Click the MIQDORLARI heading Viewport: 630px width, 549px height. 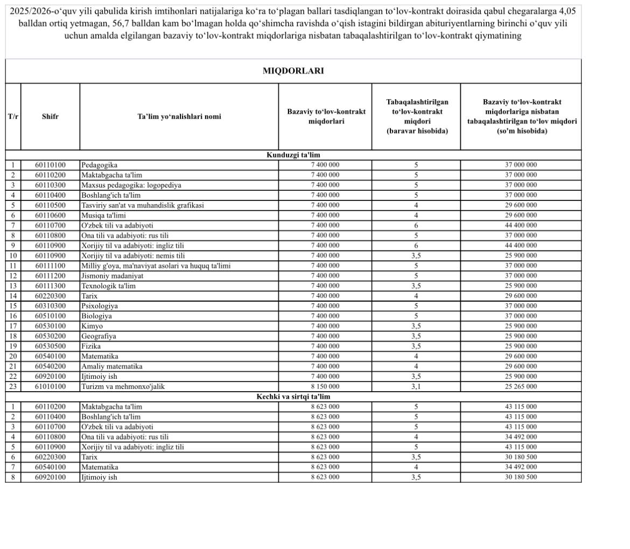(x=293, y=71)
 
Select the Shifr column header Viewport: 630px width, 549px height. (x=50, y=116)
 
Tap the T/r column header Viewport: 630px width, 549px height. (x=13, y=116)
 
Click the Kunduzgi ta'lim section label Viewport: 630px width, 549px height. (x=293, y=155)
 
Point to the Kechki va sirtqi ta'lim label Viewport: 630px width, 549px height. (x=293, y=397)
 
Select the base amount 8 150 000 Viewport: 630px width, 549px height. (x=325, y=387)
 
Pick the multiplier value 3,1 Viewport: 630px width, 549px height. (x=416, y=387)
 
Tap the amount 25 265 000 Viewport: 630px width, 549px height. (x=521, y=387)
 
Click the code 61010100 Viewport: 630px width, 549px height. (x=50, y=387)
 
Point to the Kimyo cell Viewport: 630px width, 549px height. (x=92, y=326)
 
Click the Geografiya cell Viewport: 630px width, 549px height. (x=99, y=336)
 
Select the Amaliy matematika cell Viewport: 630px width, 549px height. (x=112, y=366)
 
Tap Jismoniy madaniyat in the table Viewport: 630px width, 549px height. (x=113, y=276)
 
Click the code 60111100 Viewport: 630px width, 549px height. (x=50, y=266)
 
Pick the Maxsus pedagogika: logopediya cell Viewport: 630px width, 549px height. (x=131, y=185)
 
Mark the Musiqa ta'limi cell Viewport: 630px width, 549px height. (x=104, y=216)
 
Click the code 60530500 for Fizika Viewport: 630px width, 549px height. (x=50, y=346)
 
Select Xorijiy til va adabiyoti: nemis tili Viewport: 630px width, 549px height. (x=133, y=256)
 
